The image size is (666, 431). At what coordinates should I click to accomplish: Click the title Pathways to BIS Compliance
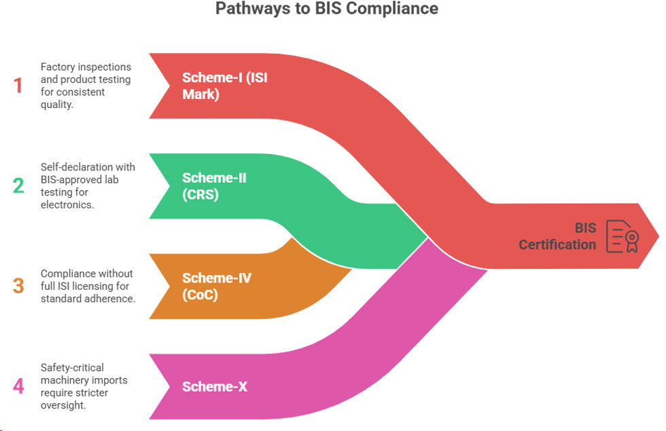327,9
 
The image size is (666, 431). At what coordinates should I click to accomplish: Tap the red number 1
18,86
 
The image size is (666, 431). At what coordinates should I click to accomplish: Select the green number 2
18,185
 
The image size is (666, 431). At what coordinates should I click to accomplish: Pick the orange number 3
18,285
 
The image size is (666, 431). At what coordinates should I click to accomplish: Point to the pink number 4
18,386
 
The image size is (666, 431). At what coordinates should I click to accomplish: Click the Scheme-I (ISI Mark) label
224,86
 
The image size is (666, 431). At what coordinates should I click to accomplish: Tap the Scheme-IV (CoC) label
216,286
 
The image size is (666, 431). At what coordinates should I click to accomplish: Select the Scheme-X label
215,387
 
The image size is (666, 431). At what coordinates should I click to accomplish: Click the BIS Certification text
557,236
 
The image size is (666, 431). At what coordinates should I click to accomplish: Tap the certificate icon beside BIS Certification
623,236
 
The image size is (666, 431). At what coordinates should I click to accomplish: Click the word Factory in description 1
58,67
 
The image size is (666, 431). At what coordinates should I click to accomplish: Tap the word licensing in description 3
92,286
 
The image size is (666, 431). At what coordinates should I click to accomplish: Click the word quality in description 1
56,105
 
